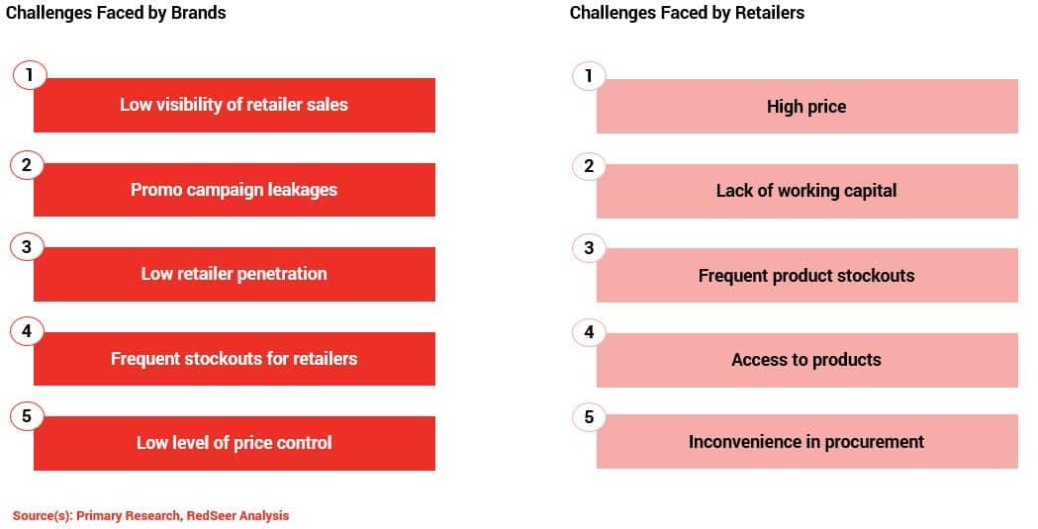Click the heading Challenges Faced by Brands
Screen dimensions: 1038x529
pyautogui.click(x=116, y=13)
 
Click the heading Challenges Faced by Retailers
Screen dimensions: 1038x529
pyautogui.click(x=687, y=13)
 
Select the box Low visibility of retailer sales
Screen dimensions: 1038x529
pyautogui.click(x=235, y=105)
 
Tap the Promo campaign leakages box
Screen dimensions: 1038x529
pyautogui.click(x=235, y=190)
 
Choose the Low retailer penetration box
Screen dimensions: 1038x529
pyautogui.click(x=235, y=275)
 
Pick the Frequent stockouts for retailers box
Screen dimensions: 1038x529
pyautogui.click(x=235, y=359)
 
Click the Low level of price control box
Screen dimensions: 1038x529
pyautogui.click(x=235, y=443)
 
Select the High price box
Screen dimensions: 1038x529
pyautogui.click(x=807, y=107)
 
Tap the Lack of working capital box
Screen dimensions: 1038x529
pyautogui.click(x=807, y=191)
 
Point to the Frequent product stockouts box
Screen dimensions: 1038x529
pyautogui.click(x=807, y=276)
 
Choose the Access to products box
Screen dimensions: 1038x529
pyautogui.click(x=807, y=360)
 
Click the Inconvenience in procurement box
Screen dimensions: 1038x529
pyautogui.click(x=807, y=442)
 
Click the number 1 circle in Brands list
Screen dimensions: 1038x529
pyautogui.click(x=29, y=75)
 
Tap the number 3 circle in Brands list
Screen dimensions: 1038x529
pyautogui.click(x=27, y=247)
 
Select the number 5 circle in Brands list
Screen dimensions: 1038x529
pyautogui.click(x=27, y=416)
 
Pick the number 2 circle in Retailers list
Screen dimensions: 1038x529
pyautogui.click(x=589, y=166)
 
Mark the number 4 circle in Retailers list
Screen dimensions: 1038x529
pyautogui.click(x=589, y=332)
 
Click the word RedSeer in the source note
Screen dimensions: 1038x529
pyautogui.click(x=210, y=516)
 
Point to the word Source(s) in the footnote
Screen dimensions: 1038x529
pyautogui.click(x=43, y=516)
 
